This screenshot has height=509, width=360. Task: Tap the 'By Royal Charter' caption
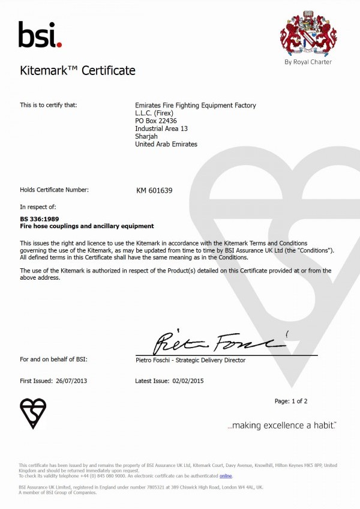[308, 62]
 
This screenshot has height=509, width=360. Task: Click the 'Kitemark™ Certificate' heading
[77, 71]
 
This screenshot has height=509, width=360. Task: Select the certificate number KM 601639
[154, 190]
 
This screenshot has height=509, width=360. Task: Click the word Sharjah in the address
[146, 136]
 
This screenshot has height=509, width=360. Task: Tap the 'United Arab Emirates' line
[166, 144]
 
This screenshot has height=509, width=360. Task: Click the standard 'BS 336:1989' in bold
[39, 219]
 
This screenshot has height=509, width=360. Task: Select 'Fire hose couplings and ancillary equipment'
[87, 226]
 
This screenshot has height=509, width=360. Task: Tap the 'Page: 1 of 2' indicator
[291, 401]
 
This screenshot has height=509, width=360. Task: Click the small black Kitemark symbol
[33, 412]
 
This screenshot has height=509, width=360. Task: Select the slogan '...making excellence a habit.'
[282, 426]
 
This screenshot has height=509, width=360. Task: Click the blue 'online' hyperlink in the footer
[226, 476]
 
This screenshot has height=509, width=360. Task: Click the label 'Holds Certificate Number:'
[54, 190]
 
